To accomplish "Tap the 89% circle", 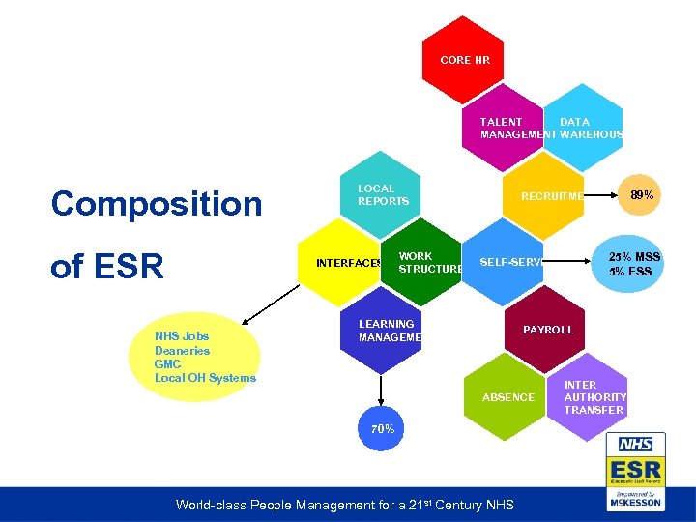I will point(642,195).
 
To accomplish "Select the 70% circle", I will point(383,428).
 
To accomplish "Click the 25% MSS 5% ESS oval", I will point(634,264).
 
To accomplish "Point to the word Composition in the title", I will point(157,203).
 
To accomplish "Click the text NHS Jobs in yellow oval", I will point(181,336).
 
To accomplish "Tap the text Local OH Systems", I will point(205,378).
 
